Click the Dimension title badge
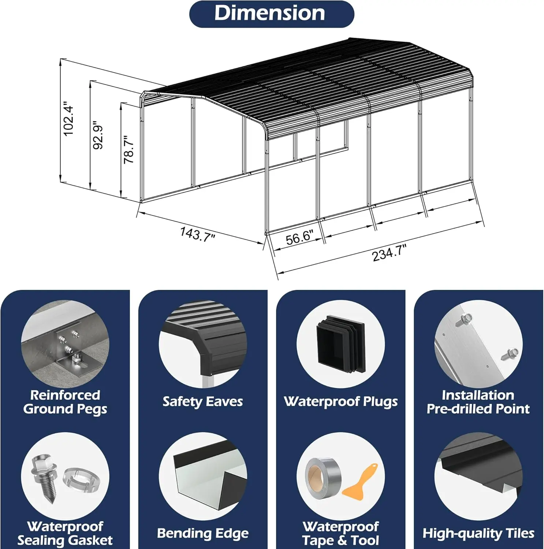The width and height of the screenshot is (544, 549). point(272,14)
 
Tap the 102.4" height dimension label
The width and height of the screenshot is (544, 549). point(69,119)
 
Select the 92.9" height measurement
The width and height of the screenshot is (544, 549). point(98,135)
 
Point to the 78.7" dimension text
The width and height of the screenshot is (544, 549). point(129,149)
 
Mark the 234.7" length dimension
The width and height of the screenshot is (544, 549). point(390,253)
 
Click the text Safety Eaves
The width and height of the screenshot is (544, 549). point(203,402)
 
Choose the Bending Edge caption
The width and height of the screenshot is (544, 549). point(203,534)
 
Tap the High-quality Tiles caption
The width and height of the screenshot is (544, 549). point(478,534)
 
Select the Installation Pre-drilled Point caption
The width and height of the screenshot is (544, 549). point(478,402)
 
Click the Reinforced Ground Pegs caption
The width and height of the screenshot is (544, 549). point(65,402)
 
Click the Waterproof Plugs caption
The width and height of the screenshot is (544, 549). point(341,402)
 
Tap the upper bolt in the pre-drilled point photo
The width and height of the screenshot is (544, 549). point(463,319)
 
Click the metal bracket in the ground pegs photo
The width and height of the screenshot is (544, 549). point(71,348)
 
